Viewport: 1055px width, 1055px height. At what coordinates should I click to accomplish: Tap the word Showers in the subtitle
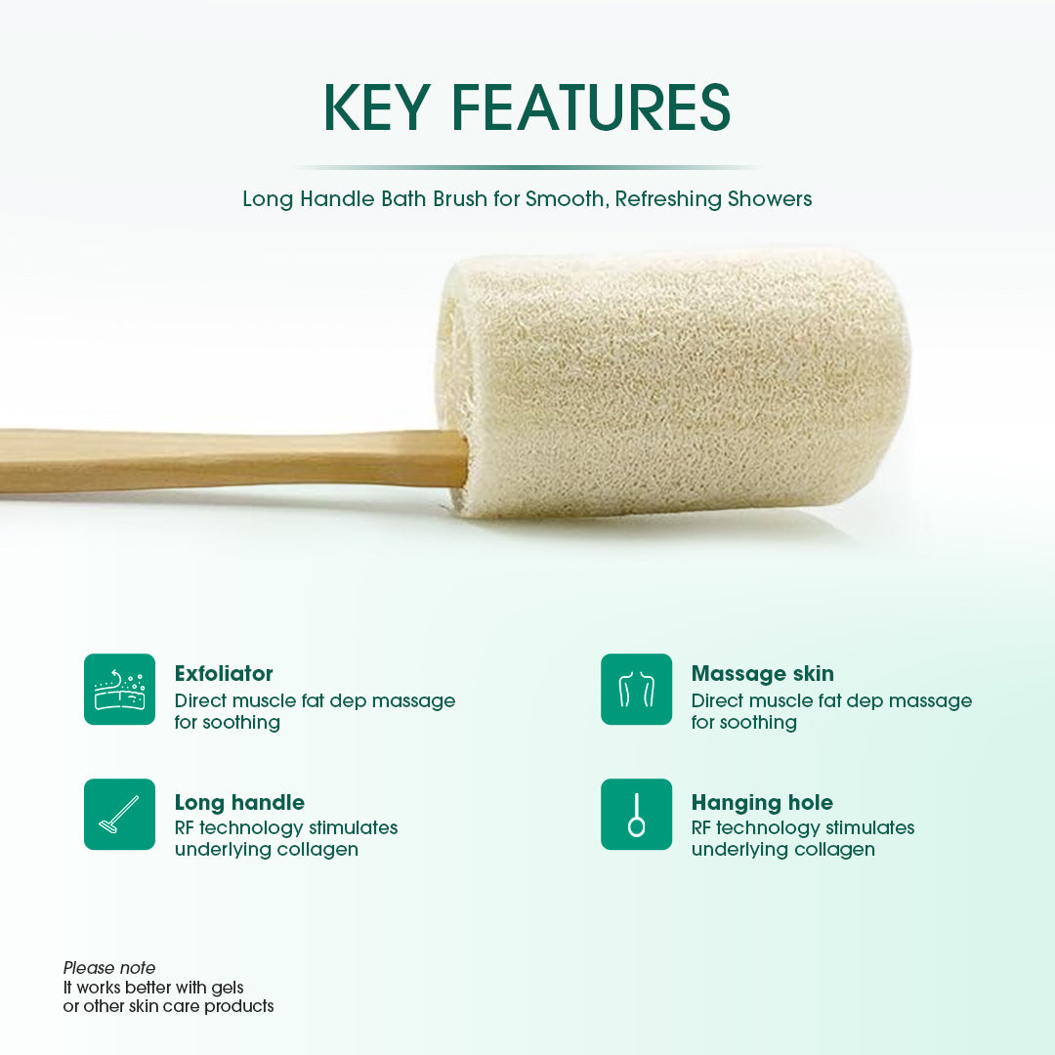tap(769, 199)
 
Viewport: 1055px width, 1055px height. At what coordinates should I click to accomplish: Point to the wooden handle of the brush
tap(234, 460)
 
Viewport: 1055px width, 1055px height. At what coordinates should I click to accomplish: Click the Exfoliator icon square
tap(119, 689)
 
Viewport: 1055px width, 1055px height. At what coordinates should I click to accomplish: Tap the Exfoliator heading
tap(224, 674)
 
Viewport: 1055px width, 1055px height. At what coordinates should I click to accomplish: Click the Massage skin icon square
tap(636, 689)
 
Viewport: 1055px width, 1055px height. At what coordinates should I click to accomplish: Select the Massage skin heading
tap(762, 674)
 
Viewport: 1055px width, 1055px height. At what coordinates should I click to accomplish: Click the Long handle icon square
tap(119, 814)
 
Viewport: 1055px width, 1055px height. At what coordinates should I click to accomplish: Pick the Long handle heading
tap(239, 803)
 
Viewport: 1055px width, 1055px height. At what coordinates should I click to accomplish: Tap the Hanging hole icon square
tap(636, 814)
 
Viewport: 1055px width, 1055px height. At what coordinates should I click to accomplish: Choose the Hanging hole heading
tap(762, 803)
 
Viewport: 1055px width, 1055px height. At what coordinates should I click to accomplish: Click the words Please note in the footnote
tap(109, 968)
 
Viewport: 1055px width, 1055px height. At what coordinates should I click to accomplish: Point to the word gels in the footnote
tap(226, 988)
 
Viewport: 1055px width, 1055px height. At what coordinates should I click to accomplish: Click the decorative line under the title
tap(527, 167)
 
